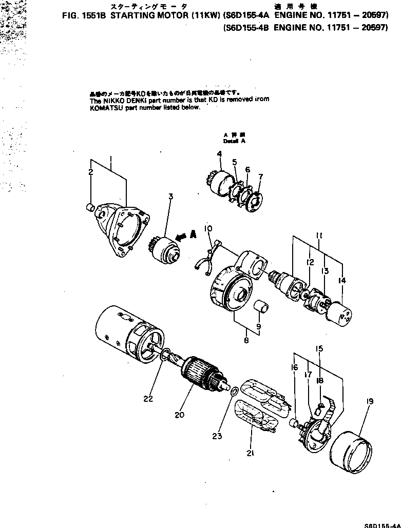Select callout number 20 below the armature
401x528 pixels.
179,415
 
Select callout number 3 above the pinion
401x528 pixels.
170,197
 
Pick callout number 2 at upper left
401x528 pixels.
90,172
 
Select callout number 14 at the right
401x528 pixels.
342,280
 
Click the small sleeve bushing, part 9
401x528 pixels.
263,308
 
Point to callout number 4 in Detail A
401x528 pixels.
219,154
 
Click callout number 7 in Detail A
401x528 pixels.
260,177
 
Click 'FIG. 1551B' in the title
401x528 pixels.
85,15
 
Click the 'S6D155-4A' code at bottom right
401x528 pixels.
382,525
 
